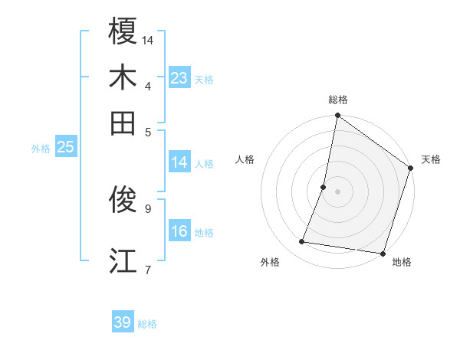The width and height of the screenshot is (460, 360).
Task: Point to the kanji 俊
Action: tap(123, 200)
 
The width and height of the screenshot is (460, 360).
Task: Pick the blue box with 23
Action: tap(179, 78)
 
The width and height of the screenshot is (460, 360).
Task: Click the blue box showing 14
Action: tap(179, 162)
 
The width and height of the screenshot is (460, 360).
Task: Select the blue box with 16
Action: tap(179, 231)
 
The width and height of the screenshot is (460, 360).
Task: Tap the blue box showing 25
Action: tap(65, 148)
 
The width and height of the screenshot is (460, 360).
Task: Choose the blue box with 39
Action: tap(123, 322)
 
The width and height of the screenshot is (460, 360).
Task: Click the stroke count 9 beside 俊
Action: tap(148, 207)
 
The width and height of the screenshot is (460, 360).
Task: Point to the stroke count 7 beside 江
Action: tap(148, 269)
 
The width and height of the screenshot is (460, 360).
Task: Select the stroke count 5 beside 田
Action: tap(148, 131)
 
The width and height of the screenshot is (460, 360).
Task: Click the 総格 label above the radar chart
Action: tap(337, 100)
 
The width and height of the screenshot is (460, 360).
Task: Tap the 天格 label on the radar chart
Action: tap(431, 159)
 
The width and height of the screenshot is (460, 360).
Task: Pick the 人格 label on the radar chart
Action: tap(245, 159)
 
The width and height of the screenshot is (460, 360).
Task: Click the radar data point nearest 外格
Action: tap(302, 242)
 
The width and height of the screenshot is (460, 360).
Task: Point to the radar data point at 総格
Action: tap(337, 116)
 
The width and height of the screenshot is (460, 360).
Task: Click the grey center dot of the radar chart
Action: tap(337, 191)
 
